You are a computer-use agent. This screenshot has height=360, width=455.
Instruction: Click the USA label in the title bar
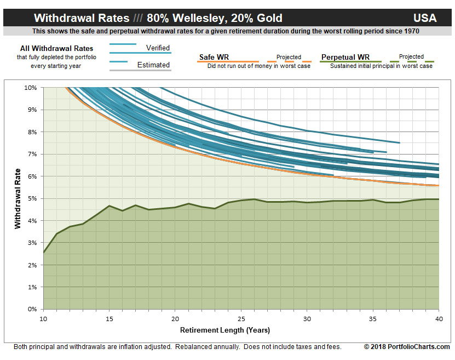click(425, 18)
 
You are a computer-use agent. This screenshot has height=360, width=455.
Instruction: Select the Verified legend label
click(158, 48)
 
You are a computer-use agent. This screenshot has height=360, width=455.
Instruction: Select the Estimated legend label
click(153, 65)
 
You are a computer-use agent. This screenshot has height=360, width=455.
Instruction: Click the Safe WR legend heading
click(214, 57)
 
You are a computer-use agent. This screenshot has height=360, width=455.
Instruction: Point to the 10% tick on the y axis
click(30, 88)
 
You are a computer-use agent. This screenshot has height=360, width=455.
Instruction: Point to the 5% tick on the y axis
click(32, 198)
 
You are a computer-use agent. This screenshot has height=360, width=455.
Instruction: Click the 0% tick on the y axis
click(32, 309)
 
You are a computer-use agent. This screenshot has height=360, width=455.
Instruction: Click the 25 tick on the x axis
click(241, 318)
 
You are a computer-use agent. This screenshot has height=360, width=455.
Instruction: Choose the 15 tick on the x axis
click(109, 318)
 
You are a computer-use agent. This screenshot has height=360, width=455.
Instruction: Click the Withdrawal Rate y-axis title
click(18, 198)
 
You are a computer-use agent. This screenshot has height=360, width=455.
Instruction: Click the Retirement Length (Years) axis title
click(225, 330)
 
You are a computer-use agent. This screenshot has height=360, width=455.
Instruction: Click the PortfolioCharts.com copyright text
click(407, 347)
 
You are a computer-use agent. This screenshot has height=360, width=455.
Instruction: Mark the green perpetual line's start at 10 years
click(44, 252)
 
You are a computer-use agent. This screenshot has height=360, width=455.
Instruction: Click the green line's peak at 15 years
click(110, 205)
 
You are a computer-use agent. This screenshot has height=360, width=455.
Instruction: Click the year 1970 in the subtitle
click(412, 31)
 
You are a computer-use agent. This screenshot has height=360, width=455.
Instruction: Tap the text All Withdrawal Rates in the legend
click(56, 48)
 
